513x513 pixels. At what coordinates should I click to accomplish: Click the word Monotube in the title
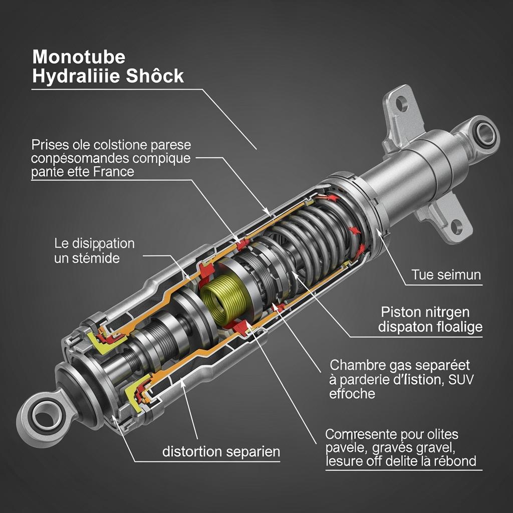coord(79,57)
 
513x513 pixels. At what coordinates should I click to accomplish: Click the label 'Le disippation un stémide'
coord(94,251)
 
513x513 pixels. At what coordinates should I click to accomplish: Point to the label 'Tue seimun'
coord(446,275)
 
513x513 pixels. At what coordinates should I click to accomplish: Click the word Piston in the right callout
coord(399,312)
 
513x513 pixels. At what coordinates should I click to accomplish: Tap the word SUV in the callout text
coord(460,379)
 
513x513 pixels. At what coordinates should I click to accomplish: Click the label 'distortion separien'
coord(221,451)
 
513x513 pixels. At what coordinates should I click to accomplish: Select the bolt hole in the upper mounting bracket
coord(402,105)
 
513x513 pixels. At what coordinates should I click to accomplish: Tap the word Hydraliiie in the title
coord(70,76)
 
